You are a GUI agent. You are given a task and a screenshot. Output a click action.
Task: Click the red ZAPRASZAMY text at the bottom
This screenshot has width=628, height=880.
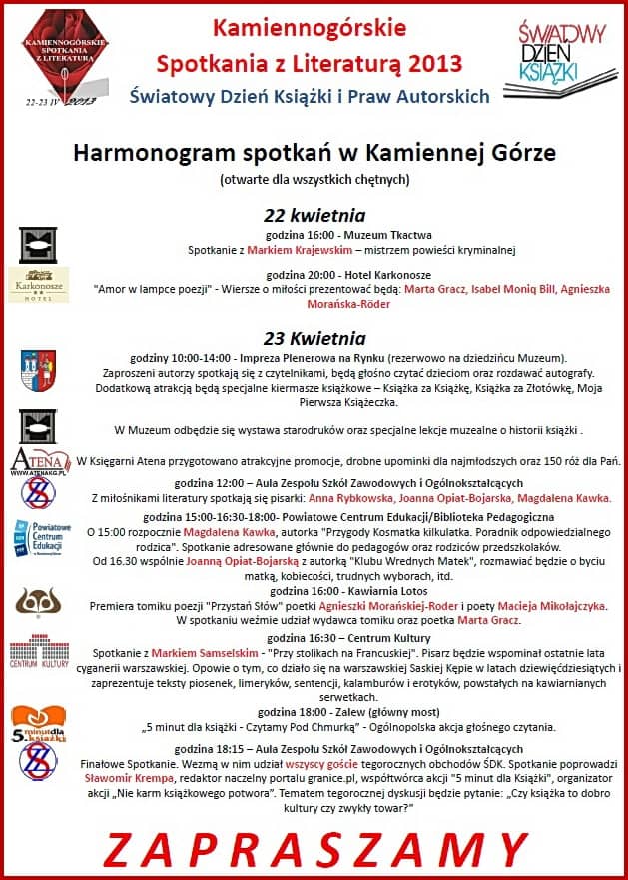point(314,849)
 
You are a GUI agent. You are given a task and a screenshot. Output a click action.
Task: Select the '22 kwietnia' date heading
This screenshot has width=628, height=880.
point(314,215)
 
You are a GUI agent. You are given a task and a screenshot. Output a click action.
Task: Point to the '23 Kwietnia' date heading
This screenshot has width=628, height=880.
point(314,338)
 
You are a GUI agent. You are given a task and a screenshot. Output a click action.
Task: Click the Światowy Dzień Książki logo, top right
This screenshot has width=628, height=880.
point(561,53)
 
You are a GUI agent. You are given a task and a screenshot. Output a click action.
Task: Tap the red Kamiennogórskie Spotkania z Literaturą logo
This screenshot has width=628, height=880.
point(64,56)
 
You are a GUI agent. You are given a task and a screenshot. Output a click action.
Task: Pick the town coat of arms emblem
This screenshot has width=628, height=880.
point(38,365)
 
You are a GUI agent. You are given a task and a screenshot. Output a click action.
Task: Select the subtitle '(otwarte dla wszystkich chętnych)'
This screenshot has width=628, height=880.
point(314,180)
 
